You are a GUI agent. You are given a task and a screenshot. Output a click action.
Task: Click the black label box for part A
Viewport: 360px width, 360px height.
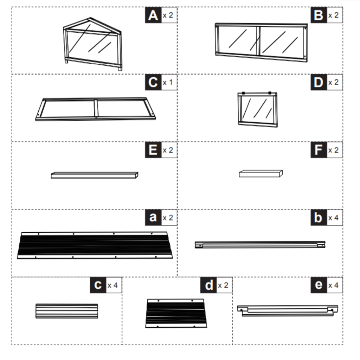click(x=153, y=15)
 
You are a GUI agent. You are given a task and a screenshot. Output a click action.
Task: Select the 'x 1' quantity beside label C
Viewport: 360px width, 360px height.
click(x=169, y=83)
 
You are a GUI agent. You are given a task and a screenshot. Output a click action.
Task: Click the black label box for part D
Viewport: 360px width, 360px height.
click(x=319, y=83)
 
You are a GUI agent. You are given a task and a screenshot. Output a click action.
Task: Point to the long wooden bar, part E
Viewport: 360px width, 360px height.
click(x=94, y=175)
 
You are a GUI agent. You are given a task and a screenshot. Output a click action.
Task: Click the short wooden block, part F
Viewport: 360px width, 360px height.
click(x=261, y=174)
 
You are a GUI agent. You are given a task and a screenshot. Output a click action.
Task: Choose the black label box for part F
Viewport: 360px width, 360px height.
click(x=319, y=150)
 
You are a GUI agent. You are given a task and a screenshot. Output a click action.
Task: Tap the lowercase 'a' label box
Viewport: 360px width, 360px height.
click(x=153, y=218)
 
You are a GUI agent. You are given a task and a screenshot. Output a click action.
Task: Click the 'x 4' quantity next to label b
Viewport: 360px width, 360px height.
click(x=334, y=218)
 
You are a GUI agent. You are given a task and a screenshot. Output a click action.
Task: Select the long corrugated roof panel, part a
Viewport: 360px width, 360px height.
click(x=94, y=245)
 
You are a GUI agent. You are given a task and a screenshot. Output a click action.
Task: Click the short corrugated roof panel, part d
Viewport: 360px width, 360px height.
click(x=176, y=313)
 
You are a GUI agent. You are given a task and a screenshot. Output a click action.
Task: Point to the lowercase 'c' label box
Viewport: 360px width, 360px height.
click(x=98, y=285)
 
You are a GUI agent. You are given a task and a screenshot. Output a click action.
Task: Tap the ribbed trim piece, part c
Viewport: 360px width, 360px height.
click(x=67, y=311)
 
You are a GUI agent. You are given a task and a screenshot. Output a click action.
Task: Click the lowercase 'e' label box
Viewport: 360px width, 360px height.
click(x=319, y=285)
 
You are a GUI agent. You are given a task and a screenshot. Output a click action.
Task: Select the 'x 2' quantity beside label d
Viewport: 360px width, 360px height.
click(x=224, y=285)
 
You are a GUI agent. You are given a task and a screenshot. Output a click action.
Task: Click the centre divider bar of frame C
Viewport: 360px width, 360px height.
click(x=96, y=108)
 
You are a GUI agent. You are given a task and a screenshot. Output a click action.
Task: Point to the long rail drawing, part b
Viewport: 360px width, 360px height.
click(x=260, y=244)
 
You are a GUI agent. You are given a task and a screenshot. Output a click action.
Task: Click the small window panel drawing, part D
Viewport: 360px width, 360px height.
click(x=258, y=109)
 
